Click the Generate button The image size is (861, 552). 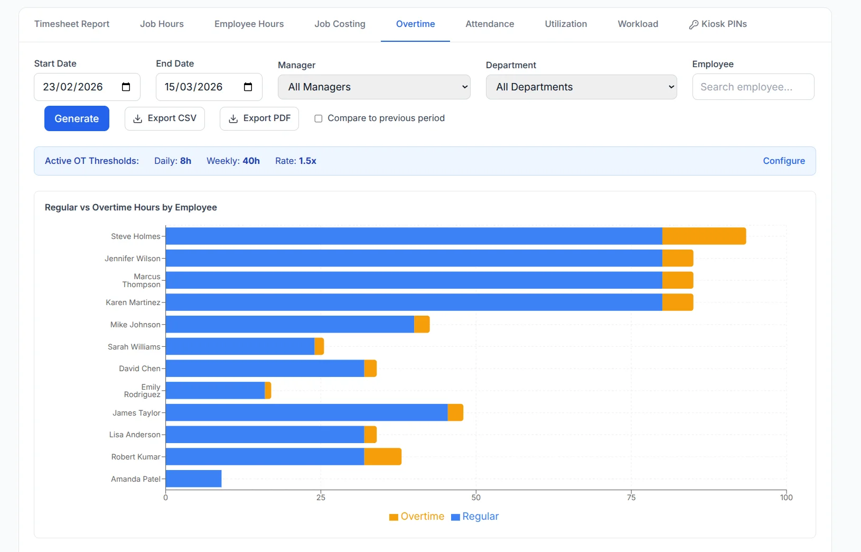[x=77, y=118]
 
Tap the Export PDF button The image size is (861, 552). [x=259, y=118]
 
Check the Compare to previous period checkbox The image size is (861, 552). [x=319, y=118]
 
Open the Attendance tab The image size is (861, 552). [x=490, y=24]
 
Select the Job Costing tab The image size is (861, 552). [x=340, y=24]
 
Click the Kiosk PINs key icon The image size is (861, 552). [x=694, y=25]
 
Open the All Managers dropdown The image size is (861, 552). [x=374, y=87]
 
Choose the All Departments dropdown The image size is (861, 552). [x=581, y=87]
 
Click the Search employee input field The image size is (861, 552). [x=753, y=87]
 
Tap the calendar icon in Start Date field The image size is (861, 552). [x=126, y=87]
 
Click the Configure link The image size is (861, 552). [x=784, y=161]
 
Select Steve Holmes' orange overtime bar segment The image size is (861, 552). [x=704, y=236]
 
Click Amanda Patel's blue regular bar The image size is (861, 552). [x=194, y=479]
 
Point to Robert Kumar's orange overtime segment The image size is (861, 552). [x=383, y=457]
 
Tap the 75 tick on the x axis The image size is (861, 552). [x=631, y=498]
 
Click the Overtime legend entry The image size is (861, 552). [x=417, y=516]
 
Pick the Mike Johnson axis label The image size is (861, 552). [x=135, y=325]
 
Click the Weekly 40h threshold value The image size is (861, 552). [x=251, y=161]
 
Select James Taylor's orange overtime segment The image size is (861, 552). [x=455, y=412]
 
